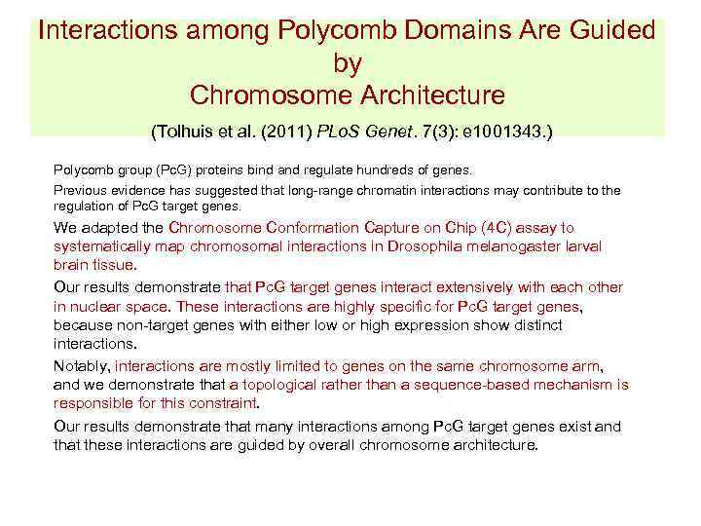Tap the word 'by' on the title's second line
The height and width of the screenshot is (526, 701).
coord(348,63)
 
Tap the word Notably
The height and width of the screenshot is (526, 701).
coord(82,367)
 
